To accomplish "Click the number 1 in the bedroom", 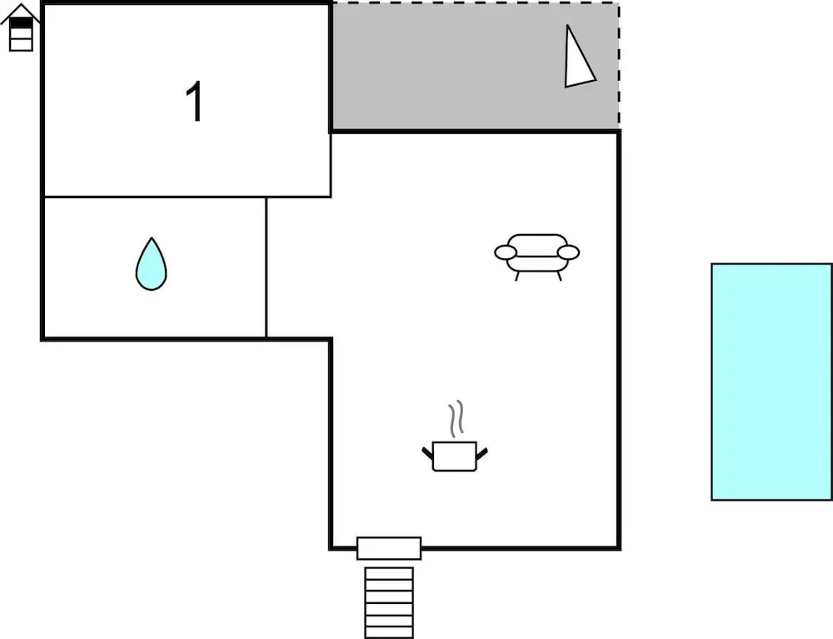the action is point(195,102).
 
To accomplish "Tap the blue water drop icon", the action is point(152,264).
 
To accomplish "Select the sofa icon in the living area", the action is point(537,257).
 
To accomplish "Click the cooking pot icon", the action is point(455,456).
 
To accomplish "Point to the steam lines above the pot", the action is point(456,419).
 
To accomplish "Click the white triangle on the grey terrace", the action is point(579,58).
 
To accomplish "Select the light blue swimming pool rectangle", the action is point(771,382).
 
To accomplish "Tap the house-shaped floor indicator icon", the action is point(20,27).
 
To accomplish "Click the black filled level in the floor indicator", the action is point(22,22).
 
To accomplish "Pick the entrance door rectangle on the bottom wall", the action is point(389,548).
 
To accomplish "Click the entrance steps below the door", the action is point(389,603).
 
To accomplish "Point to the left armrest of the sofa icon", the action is point(506,252).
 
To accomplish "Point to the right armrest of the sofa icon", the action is point(568,252).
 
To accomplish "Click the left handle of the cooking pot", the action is point(427,453).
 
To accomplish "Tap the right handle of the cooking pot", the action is point(481,453).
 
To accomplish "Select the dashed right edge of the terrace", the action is point(619,65).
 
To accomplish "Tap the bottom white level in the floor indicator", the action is point(22,45).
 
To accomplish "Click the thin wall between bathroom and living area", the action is point(267,267).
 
